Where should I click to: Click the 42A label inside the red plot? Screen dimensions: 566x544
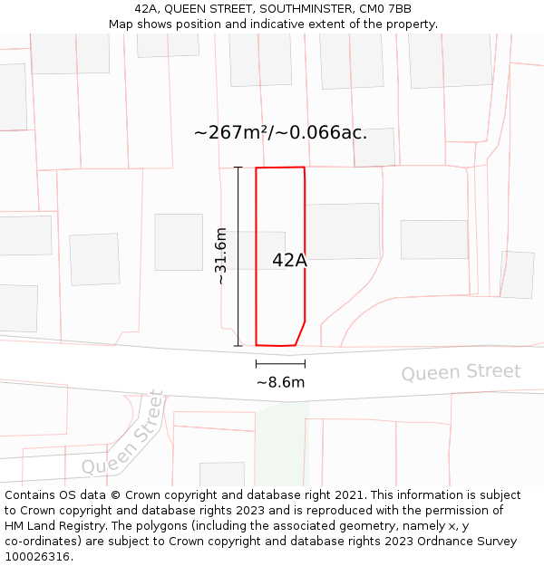click(x=289, y=260)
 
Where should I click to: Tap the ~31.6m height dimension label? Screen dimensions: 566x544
click(x=220, y=257)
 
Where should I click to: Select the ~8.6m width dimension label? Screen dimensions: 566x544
click(x=280, y=382)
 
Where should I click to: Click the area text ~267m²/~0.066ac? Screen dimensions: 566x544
click(x=280, y=132)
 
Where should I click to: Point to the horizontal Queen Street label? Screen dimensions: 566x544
click(x=461, y=372)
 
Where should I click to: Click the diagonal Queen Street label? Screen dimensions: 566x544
click(x=124, y=433)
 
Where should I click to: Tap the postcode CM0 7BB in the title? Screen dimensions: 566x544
click(x=391, y=9)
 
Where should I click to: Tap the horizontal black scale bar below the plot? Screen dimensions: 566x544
click(x=280, y=364)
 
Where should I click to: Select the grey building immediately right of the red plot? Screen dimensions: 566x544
click(x=342, y=231)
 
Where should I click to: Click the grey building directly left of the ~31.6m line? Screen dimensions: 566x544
click(x=179, y=242)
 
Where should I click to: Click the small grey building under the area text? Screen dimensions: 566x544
click(x=374, y=148)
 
